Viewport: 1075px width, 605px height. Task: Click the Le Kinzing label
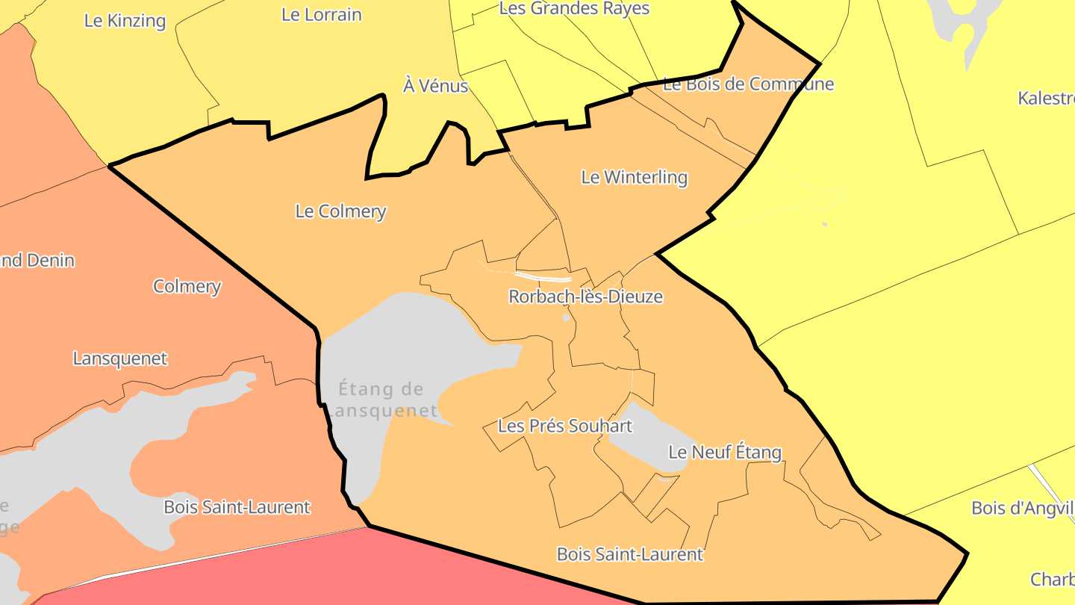(125, 20)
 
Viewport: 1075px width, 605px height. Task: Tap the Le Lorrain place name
(322, 14)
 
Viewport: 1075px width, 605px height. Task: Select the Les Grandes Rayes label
(574, 8)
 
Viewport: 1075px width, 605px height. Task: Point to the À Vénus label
(435, 86)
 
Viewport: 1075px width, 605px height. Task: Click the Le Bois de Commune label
(748, 84)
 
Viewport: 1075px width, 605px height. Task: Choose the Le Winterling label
(634, 177)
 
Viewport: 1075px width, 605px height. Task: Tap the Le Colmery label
(340, 211)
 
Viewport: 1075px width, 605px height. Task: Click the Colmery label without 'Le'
(187, 286)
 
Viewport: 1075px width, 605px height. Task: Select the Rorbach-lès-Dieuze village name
(585, 297)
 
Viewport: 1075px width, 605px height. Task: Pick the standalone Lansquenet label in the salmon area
(120, 359)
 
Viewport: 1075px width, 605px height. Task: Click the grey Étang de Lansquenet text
(381, 400)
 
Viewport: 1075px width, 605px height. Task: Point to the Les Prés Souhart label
(564, 426)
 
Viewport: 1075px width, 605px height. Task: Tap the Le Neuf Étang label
(724, 452)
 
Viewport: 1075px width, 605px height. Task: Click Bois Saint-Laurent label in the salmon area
(237, 507)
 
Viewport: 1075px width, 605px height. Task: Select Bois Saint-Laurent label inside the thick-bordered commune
(629, 554)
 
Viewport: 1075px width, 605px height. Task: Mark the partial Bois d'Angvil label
(1022, 508)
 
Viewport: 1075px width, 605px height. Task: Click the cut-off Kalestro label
(1046, 98)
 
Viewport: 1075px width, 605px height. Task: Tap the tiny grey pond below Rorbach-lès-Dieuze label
(566, 317)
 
